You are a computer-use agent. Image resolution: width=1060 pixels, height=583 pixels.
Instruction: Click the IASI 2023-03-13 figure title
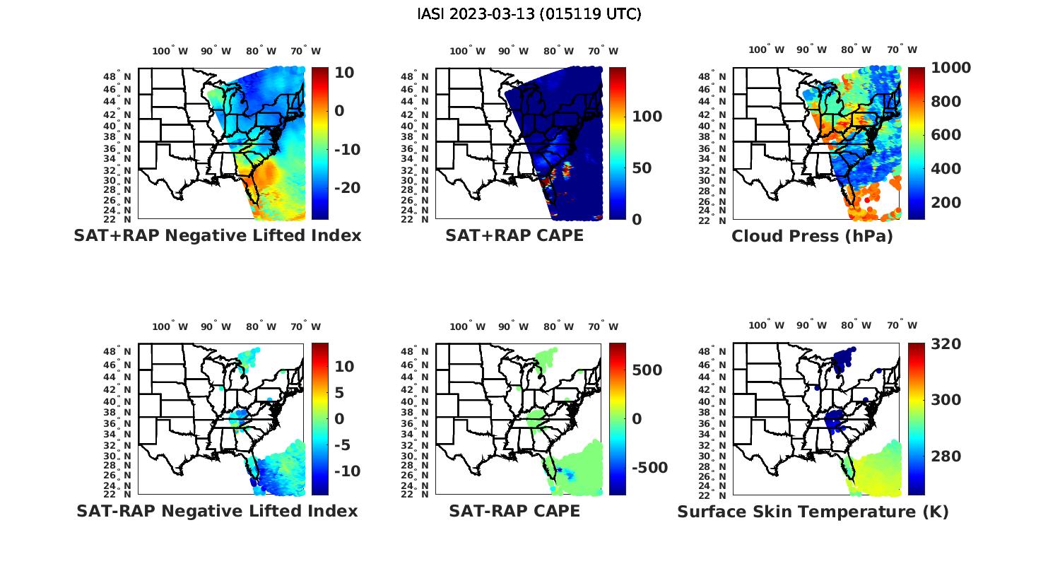click(x=529, y=14)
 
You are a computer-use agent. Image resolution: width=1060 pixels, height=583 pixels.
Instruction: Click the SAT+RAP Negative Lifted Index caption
click(x=217, y=236)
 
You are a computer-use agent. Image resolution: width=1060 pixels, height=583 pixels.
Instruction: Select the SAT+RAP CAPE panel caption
click(x=514, y=236)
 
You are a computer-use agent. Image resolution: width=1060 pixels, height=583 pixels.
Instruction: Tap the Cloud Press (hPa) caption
click(x=812, y=236)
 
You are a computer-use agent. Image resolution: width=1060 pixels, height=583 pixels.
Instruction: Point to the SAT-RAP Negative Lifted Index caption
click(x=217, y=511)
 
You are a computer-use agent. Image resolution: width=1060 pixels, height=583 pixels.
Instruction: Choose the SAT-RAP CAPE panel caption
click(x=514, y=511)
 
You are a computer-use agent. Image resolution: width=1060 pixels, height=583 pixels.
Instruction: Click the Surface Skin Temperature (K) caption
click(x=813, y=512)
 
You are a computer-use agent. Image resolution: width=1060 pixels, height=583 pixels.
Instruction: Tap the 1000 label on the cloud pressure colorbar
click(x=951, y=68)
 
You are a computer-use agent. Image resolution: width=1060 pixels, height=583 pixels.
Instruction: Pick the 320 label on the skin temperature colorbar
click(x=946, y=344)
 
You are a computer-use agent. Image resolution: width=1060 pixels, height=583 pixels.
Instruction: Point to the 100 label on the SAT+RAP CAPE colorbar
click(x=647, y=117)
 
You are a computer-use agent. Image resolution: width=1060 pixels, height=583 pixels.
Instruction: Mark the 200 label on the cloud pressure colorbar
click(x=946, y=203)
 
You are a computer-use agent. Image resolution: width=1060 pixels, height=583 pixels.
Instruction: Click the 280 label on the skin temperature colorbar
click(x=946, y=457)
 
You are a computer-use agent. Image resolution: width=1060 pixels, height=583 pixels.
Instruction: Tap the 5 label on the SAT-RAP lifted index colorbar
click(x=339, y=393)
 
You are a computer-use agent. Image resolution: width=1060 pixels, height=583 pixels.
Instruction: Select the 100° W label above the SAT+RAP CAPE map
click(x=467, y=51)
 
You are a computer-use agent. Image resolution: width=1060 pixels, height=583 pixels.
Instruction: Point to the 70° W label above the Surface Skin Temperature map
click(x=902, y=326)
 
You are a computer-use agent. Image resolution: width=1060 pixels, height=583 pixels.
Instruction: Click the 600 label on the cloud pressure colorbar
click(x=946, y=135)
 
